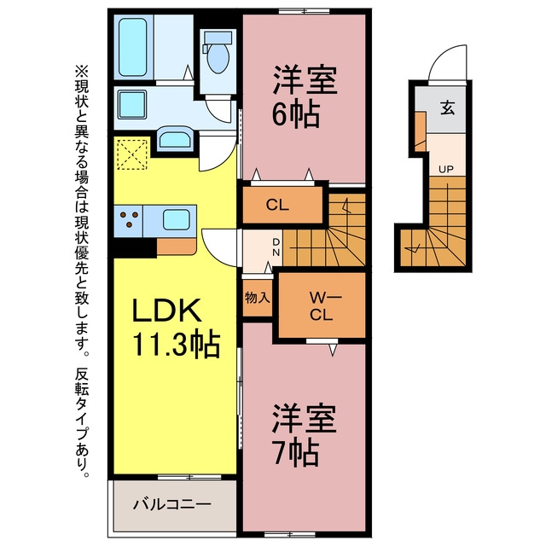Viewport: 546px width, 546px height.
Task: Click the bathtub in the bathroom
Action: tap(133, 47)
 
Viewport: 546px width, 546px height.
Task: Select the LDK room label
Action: tap(167, 310)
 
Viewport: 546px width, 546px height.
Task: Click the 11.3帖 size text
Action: tap(177, 344)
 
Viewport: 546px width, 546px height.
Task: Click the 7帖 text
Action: tap(296, 452)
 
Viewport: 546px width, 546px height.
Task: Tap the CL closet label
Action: tap(277, 205)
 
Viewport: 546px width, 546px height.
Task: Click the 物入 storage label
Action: tap(258, 298)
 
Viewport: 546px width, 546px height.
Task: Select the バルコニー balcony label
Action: tap(172, 504)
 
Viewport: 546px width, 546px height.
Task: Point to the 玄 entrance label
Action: tap(447, 108)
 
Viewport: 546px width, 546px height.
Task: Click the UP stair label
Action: tap(445, 170)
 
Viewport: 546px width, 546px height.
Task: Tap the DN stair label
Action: tap(276, 247)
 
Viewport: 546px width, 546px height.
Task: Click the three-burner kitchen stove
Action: tap(128, 220)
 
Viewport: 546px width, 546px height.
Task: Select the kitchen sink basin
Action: tap(177, 220)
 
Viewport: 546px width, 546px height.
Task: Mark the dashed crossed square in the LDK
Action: tap(132, 154)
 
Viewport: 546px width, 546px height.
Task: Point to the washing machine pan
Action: tap(132, 104)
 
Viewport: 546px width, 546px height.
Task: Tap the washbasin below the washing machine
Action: tap(175, 138)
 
